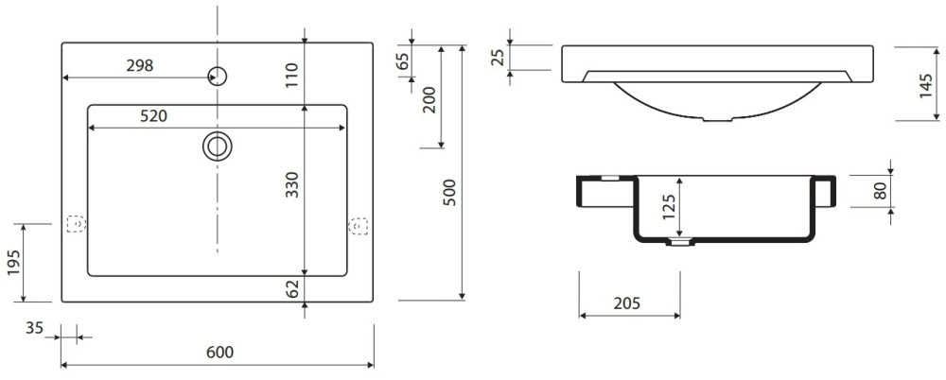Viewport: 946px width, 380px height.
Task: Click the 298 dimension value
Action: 140,66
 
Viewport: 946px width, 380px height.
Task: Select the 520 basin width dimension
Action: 154,117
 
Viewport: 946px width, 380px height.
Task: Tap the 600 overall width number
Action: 219,353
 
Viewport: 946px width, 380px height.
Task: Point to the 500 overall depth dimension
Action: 450,193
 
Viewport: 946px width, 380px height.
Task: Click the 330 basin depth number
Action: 292,185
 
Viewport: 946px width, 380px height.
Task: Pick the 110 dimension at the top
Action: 292,75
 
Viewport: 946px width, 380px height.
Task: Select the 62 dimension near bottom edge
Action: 293,288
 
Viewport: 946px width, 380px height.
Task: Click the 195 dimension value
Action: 14,262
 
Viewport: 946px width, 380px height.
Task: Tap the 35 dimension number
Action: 34,328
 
